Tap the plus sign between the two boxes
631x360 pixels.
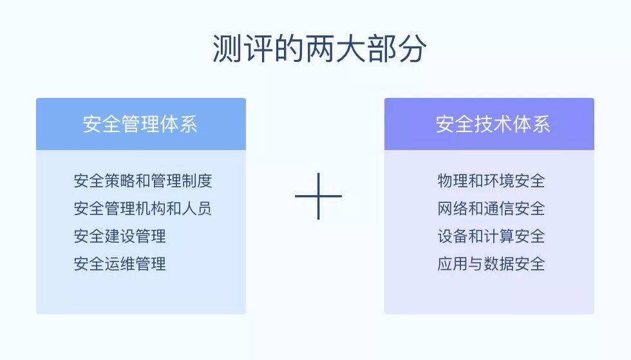point(318,196)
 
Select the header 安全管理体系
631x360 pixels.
point(140,124)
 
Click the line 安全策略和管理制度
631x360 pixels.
point(143,181)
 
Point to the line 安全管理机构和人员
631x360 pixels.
point(143,209)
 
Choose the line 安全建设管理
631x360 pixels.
point(120,236)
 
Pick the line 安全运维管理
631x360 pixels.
point(120,264)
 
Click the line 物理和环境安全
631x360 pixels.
point(491,181)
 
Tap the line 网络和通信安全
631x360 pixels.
point(491,209)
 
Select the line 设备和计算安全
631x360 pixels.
point(491,236)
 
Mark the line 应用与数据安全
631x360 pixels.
point(491,264)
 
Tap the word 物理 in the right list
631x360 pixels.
point(453,181)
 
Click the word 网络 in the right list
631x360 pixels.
point(453,209)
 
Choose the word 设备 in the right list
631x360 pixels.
point(453,236)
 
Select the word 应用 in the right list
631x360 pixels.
point(453,264)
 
